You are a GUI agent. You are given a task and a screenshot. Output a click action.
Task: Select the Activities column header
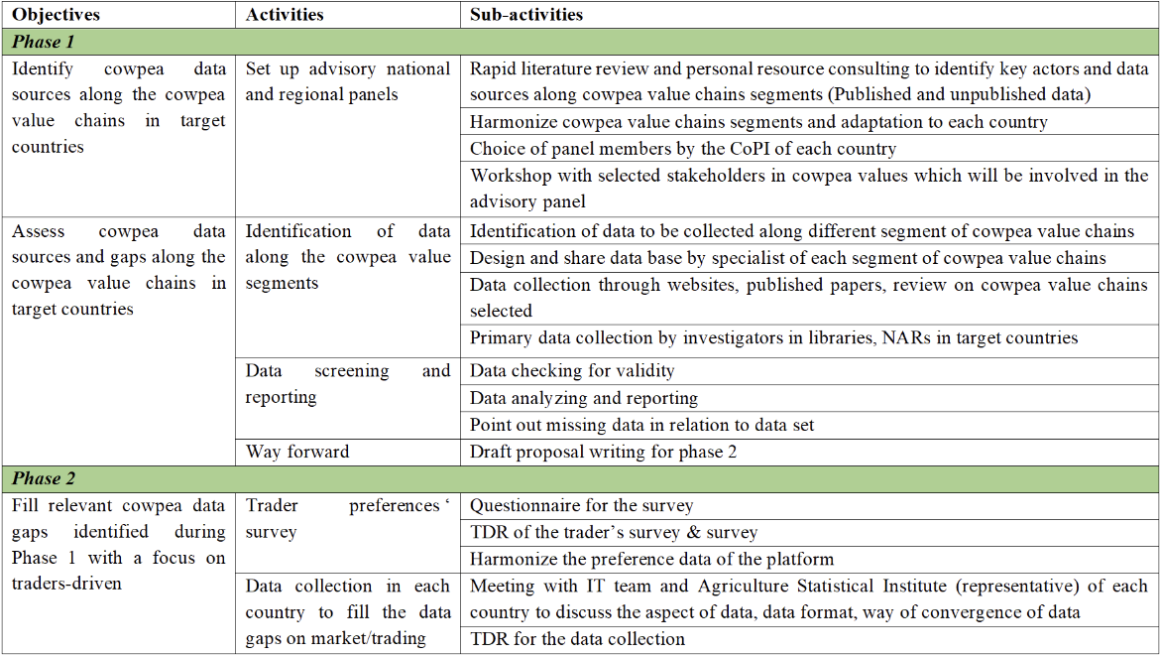(x=285, y=15)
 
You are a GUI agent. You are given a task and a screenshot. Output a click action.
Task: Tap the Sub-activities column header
(x=526, y=15)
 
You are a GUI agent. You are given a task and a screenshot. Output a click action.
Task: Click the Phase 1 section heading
(x=44, y=42)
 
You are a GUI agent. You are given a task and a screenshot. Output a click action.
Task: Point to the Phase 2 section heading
(x=44, y=478)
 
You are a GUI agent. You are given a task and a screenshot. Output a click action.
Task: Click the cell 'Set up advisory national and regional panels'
(x=347, y=82)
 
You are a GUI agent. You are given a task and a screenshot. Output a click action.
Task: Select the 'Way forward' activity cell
(x=297, y=452)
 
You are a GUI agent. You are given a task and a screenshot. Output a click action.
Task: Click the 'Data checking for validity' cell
(x=572, y=371)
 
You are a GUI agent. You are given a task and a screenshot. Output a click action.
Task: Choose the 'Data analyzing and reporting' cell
(x=584, y=398)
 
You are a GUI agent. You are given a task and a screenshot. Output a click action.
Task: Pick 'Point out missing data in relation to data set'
(x=642, y=425)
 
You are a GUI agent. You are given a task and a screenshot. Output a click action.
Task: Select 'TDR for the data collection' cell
(x=577, y=639)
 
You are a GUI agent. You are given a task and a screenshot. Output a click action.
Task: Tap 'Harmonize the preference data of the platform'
(x=651, y=559)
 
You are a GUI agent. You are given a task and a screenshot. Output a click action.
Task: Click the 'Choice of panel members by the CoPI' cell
(x=683, y=149)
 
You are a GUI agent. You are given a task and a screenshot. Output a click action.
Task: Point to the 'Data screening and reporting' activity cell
(x=347, y=384)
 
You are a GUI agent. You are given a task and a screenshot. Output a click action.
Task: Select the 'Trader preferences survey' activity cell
(x=347, y=518)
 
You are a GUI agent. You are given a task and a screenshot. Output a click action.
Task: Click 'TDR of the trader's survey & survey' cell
(x=614, y=532)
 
